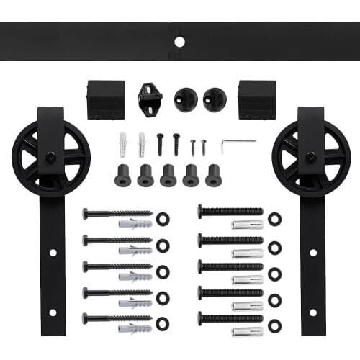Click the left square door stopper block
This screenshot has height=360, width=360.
tap(105, 99)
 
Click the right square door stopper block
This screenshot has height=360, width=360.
tap(257, 99)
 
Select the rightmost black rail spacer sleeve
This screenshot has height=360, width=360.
tap(213, 175)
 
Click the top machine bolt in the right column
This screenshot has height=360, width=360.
tap(230, 212)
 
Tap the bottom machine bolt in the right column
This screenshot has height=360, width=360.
tap(230, 318)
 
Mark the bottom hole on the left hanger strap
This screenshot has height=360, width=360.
tap(52, 312)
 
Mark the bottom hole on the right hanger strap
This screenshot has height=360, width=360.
tap(312, 312)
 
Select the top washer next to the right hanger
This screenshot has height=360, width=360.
tap(274, 218)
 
